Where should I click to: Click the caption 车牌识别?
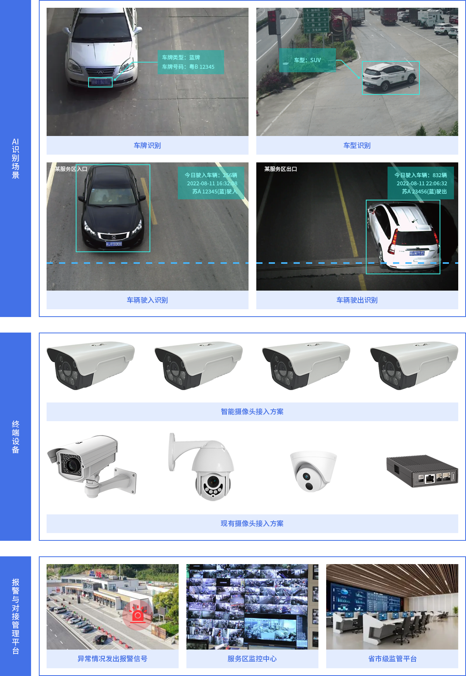tap(147, 145)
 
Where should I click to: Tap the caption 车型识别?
tap(357, 145)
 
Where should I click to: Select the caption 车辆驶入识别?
tap(147, 300)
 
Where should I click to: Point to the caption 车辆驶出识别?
tap(357, 300)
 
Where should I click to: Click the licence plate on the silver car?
tap(100, 82)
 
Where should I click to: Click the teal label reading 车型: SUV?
tap(307, 60)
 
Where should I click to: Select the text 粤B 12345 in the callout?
tap(202, 67)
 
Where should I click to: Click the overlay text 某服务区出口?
tap(280, 169)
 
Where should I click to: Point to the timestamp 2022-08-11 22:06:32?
tap(422, 183)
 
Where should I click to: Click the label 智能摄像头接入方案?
tap(252, 411)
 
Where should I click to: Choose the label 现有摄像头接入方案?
tap(252, 523)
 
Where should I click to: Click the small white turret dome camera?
tap(313, 470)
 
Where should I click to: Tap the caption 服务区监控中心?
tap(252, 659)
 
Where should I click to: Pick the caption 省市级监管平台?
tap(392, 659)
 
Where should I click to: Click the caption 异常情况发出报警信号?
tap(112, 659)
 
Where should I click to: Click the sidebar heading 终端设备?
tap(16, 437)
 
